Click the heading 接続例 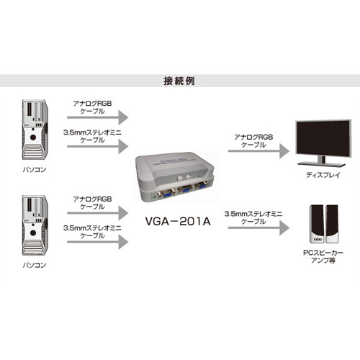(x=179, y=81)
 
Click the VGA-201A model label (x=178, y=221)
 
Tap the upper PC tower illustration (x=35, y=130)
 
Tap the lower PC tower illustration (x=35, y=225)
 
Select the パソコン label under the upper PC (x=35, y=170)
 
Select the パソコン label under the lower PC (x=35, y=265)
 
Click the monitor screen (x=323, y=138)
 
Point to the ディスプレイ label (x=323, y=175)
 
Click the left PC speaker (x=317, y=224)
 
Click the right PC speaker (x=332, y=224)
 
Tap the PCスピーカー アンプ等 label (x=323, y=256)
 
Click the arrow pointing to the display (x=258, y=151)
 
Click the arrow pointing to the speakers (x=258, y=228)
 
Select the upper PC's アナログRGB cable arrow (x=98, y=117)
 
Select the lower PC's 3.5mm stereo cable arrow (x=98, y=242)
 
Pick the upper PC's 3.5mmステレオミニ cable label (x=92, y=136)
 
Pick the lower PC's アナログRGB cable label (x=92, y=203)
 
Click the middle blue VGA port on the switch (x=186, y=189)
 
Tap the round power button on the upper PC (x=33, y=138)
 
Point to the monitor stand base (x=321, y=164)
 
